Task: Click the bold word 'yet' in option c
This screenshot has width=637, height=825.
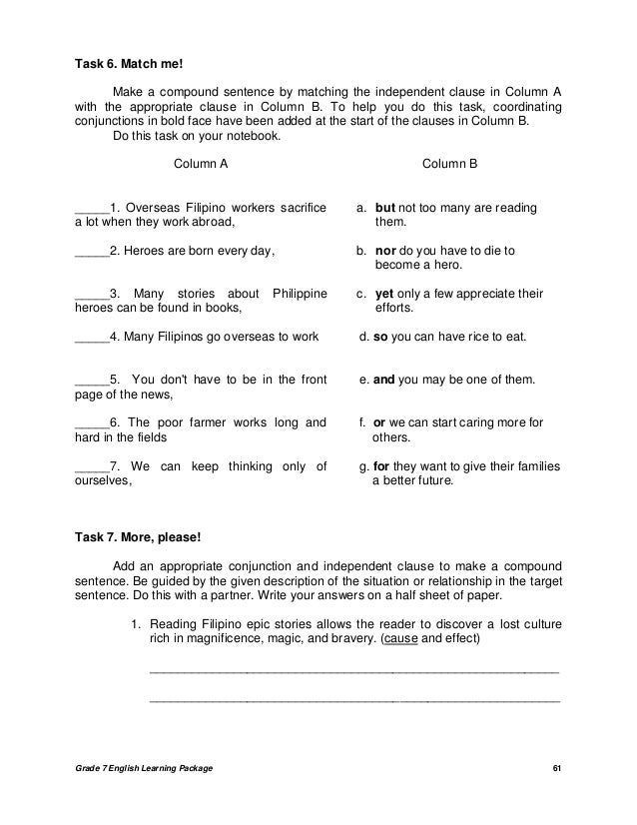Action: (385, 294)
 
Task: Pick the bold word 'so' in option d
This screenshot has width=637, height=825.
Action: (379, 337)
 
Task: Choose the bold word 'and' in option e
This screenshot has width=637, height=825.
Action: (384, 380)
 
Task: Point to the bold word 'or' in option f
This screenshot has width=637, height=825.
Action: (380, 422)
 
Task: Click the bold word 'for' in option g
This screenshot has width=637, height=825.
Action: (382, 466)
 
